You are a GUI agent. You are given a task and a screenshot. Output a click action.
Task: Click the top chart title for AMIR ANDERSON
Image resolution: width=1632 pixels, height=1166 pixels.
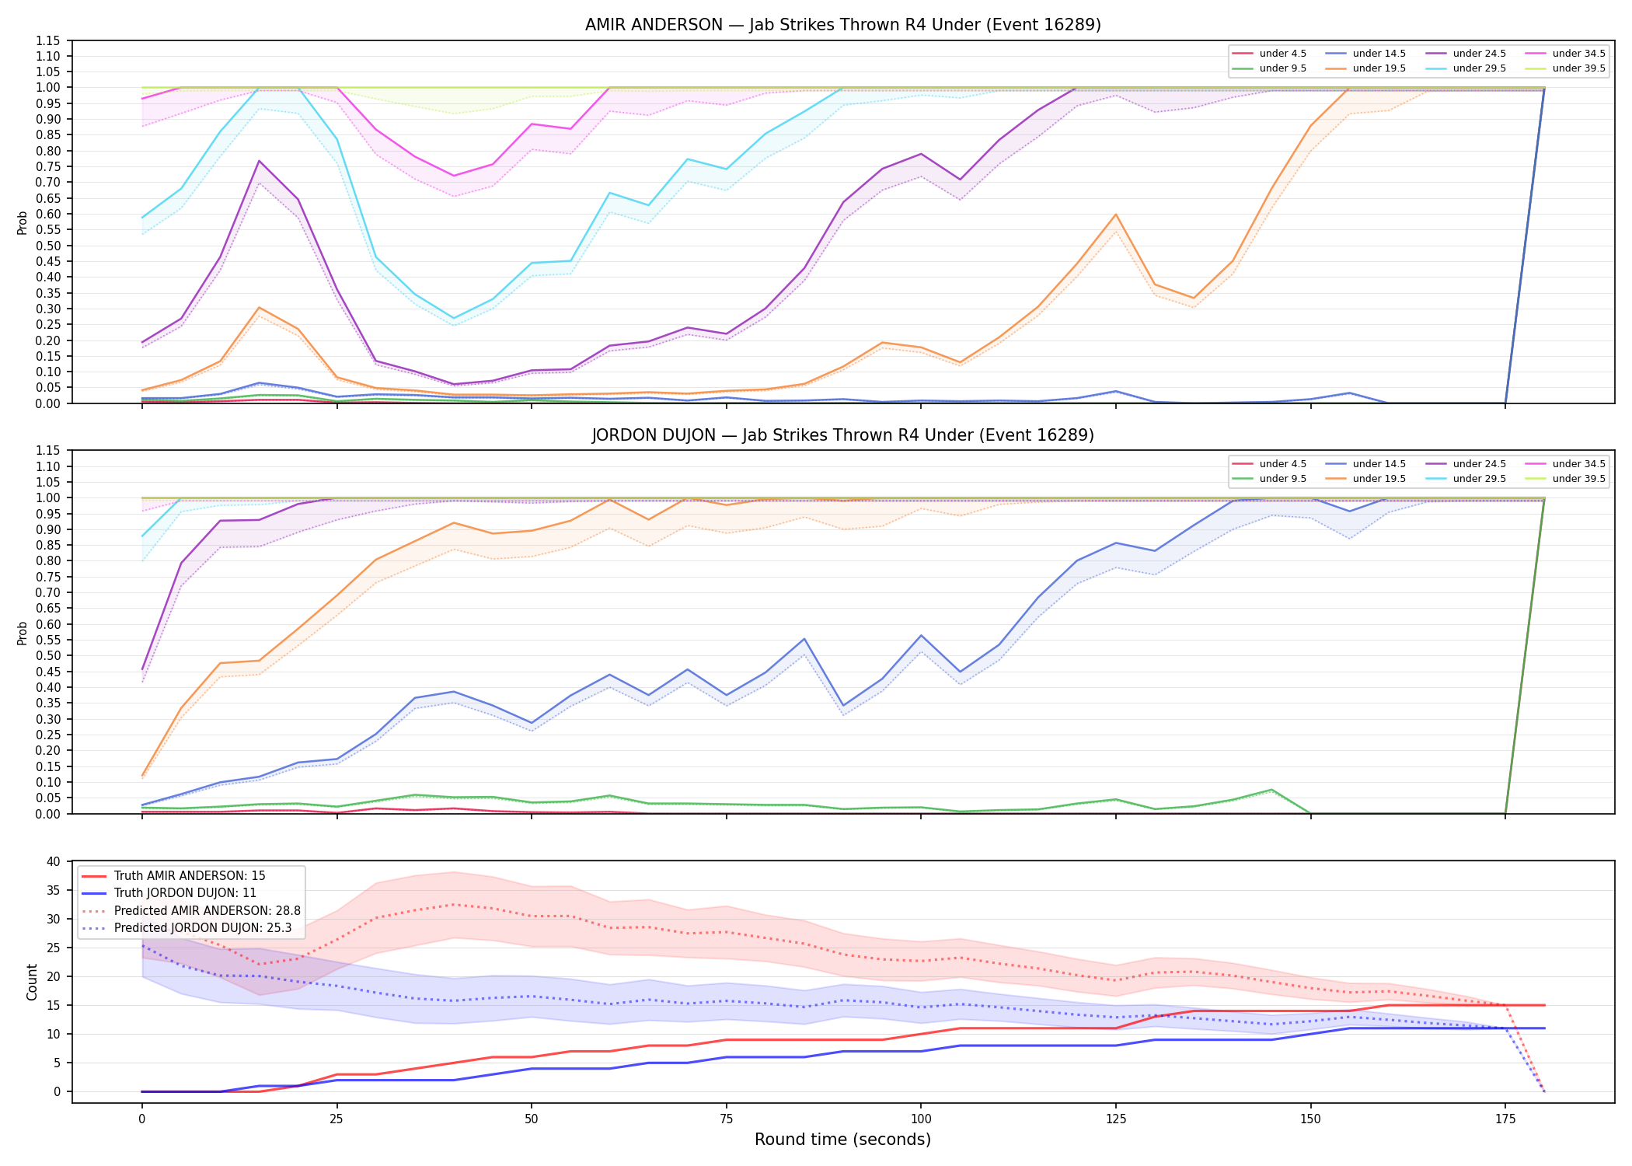point(842,25)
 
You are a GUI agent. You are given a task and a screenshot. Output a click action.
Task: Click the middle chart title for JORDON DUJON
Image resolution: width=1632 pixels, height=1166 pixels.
point(842,435)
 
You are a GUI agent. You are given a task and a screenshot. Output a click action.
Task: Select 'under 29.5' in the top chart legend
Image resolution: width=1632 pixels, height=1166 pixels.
point(1479,68)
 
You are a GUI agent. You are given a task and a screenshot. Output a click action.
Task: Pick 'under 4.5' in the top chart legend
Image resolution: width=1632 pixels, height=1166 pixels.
point(1282,54)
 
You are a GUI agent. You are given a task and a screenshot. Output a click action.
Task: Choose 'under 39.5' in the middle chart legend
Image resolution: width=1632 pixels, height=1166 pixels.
point(1578,479)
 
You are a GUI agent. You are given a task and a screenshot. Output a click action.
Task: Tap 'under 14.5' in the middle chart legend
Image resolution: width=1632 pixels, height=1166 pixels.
point(1379,464)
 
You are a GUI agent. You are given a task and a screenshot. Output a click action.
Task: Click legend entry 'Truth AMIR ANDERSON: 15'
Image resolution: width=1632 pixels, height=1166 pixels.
point(190,876)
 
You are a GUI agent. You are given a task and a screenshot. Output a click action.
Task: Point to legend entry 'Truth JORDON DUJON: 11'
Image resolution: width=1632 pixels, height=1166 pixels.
point(185,893)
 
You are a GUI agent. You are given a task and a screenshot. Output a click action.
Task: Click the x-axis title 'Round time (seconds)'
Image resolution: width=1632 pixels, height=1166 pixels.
point(842,1140)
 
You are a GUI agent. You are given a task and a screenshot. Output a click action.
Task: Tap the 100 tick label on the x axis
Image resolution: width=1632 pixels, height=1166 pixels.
point(920,1119)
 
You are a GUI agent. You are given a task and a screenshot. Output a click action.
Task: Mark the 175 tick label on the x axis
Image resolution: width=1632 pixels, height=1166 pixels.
point(1505,1119)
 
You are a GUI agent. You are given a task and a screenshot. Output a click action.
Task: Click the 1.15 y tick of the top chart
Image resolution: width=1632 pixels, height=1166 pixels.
point(49,40)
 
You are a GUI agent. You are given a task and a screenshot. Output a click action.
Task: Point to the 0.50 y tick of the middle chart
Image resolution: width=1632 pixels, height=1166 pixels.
point(49,656)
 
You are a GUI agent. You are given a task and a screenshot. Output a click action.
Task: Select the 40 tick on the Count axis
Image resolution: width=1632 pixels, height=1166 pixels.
point(54,861)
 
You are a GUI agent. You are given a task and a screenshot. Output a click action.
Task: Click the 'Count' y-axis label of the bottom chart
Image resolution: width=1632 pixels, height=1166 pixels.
point(32,982)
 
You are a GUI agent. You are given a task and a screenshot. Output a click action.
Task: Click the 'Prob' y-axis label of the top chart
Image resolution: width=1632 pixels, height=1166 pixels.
point(23,222)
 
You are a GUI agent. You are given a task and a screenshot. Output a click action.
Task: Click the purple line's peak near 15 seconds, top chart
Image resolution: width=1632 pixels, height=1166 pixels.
point(259,161)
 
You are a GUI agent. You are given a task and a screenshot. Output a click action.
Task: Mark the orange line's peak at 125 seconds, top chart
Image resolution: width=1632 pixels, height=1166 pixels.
point(1116,215)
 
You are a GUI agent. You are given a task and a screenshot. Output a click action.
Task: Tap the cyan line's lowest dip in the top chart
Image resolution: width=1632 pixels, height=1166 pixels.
point(454,319)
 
